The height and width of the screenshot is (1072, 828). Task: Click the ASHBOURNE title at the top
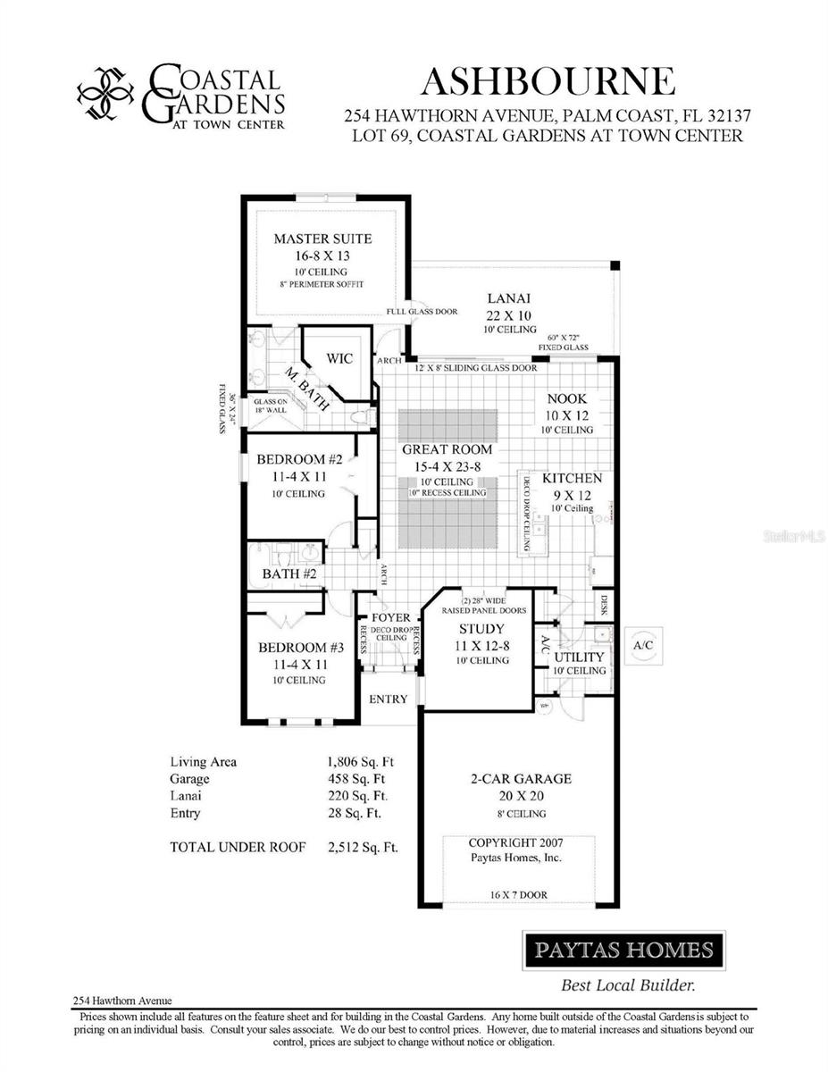[x=548, y=81]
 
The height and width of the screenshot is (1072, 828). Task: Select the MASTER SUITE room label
[x=322, y=239]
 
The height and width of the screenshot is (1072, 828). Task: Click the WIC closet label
[x=339, y=358]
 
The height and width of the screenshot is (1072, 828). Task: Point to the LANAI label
[x=510, y=298]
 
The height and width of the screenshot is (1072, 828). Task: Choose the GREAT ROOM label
[x=447, y=449]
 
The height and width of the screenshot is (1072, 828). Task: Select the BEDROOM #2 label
[x=299, y=460]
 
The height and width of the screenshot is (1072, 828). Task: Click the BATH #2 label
[x=289, y=574]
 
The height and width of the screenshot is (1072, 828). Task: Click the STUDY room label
[x=481, y=629]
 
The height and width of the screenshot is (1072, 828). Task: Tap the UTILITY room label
[x=580, y=657]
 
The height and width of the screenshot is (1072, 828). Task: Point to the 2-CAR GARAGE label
[x=521, y=779]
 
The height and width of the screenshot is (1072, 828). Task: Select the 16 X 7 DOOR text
[x=519, y=894]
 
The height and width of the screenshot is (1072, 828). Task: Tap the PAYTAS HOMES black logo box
[x=623, y=950]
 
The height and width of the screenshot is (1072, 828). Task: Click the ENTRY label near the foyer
[x=389, y=699]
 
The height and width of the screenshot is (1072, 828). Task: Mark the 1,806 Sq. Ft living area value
[x=361, y=762]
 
